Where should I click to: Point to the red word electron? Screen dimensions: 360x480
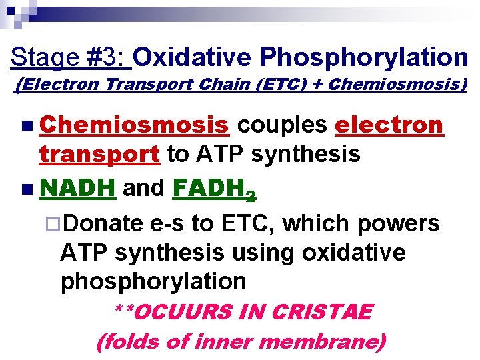(389, 125)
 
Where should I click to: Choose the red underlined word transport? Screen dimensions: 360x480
(99, 155)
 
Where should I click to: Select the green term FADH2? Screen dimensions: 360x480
(213, 189)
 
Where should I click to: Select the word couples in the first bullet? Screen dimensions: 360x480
(282, 125)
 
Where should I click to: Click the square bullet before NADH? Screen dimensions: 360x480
(25, 189)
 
